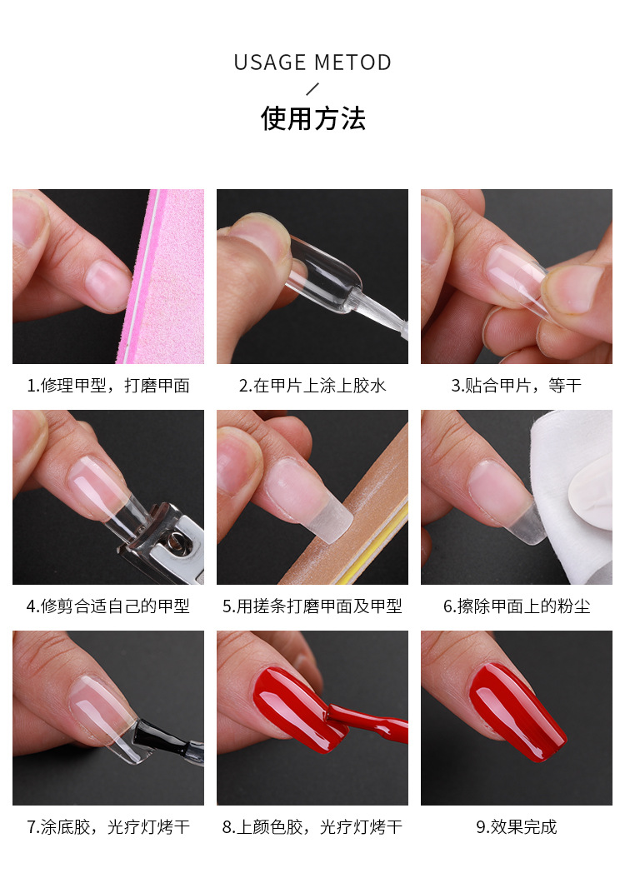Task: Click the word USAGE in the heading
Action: pos(270,62)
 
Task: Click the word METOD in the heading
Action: pos(352,62)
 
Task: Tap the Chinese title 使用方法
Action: pos(312,118)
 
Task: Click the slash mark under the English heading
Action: pos(312,89)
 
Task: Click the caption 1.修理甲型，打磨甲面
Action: pos(108,386)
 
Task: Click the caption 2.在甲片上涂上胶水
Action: pos(312,386)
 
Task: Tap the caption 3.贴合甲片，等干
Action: pos(516,386)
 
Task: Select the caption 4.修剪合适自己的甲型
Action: pos(108,606)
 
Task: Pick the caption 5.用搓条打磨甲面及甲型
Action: pos(312,606)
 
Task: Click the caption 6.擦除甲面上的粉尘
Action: pos(516,606)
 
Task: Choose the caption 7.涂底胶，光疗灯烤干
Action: pos(108,827)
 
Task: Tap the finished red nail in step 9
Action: pos(517,712)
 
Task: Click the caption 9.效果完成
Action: pos(516,827)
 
